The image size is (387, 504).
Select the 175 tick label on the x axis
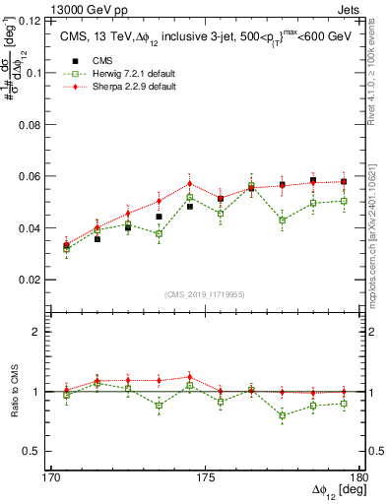[x=205, y=476]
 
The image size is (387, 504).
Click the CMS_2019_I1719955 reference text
[x=205, y=294]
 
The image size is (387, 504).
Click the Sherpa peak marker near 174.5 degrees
[x=190, y=184]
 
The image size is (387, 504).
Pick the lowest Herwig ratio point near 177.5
[x=283, y=415]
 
